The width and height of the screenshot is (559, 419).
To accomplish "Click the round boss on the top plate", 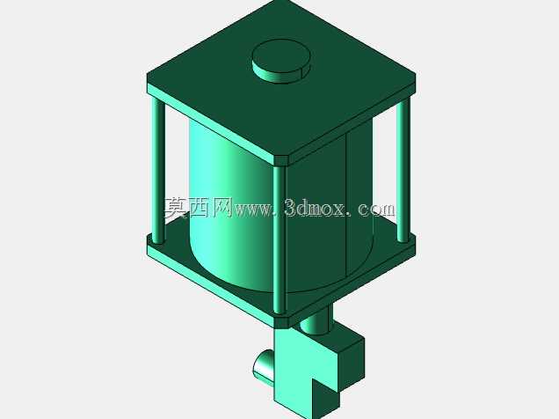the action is tap(281, 62).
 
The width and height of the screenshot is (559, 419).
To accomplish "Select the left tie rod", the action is tap(158, 171).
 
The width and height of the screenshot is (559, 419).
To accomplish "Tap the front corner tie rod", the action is tap(279, 239).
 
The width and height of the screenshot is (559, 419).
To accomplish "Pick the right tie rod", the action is tap(403, 171).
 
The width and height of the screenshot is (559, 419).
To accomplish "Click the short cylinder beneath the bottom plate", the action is tap(316, 319).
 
